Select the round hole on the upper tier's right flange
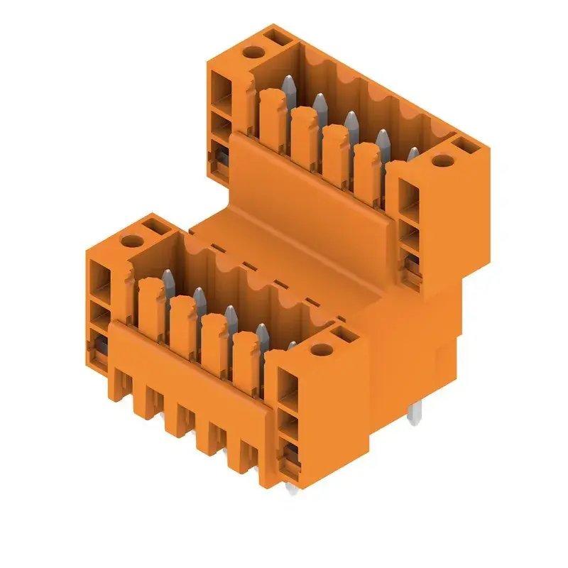coord(443,161)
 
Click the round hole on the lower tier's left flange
coord(132,241)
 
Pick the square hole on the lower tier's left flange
coord(153,228)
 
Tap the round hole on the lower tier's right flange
coord(322,349)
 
